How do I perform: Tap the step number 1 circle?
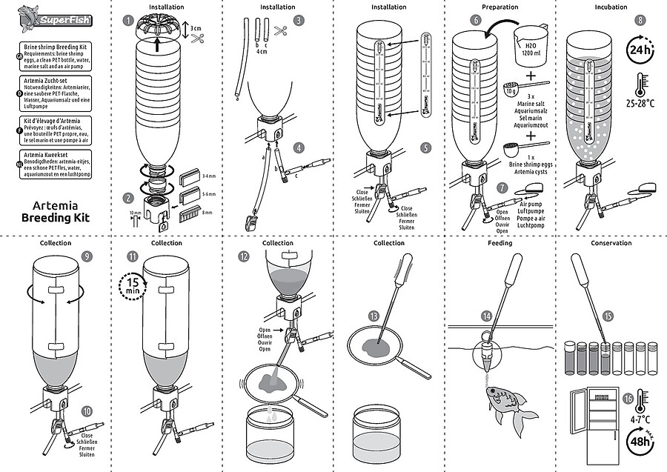click(x=129, y=21)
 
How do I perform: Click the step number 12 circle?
click(x=244, y=256)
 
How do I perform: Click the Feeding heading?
click(x=500, y=243)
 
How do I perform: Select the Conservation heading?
click(x=611, y=243)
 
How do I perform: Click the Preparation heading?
click(x=500, y=7)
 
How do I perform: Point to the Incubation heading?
click(x=611, y=7)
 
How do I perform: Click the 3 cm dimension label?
click(x=196, y=28)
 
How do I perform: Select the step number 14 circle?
click(x=487, y=316)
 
